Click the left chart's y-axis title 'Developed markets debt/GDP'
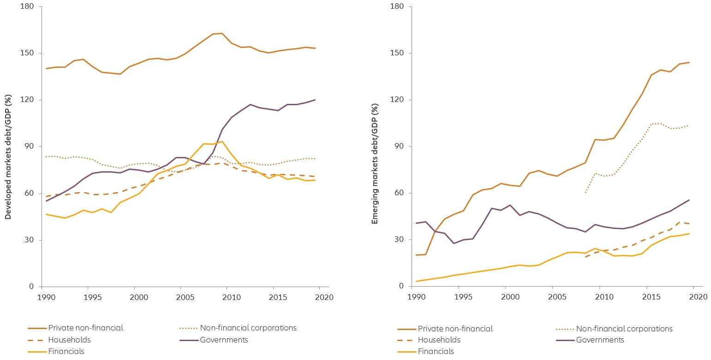pos(8,156)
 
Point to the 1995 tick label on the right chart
pos(459,297)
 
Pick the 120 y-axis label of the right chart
pos(397,100)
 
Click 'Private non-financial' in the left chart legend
pos(85,328)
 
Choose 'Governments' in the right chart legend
pos(600,340)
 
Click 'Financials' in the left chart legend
pos(66,351)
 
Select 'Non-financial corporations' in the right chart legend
pos(624,329)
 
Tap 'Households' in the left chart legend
pos(69,340)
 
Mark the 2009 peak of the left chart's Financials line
pos(222,141)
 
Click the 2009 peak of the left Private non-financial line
pos(222,33)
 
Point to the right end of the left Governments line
pos(315,100)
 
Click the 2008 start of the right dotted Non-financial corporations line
pos(586,192)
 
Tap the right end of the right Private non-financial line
pos(689,62)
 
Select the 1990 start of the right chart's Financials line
pos(416,281)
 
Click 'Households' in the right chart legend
pos(439,340)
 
